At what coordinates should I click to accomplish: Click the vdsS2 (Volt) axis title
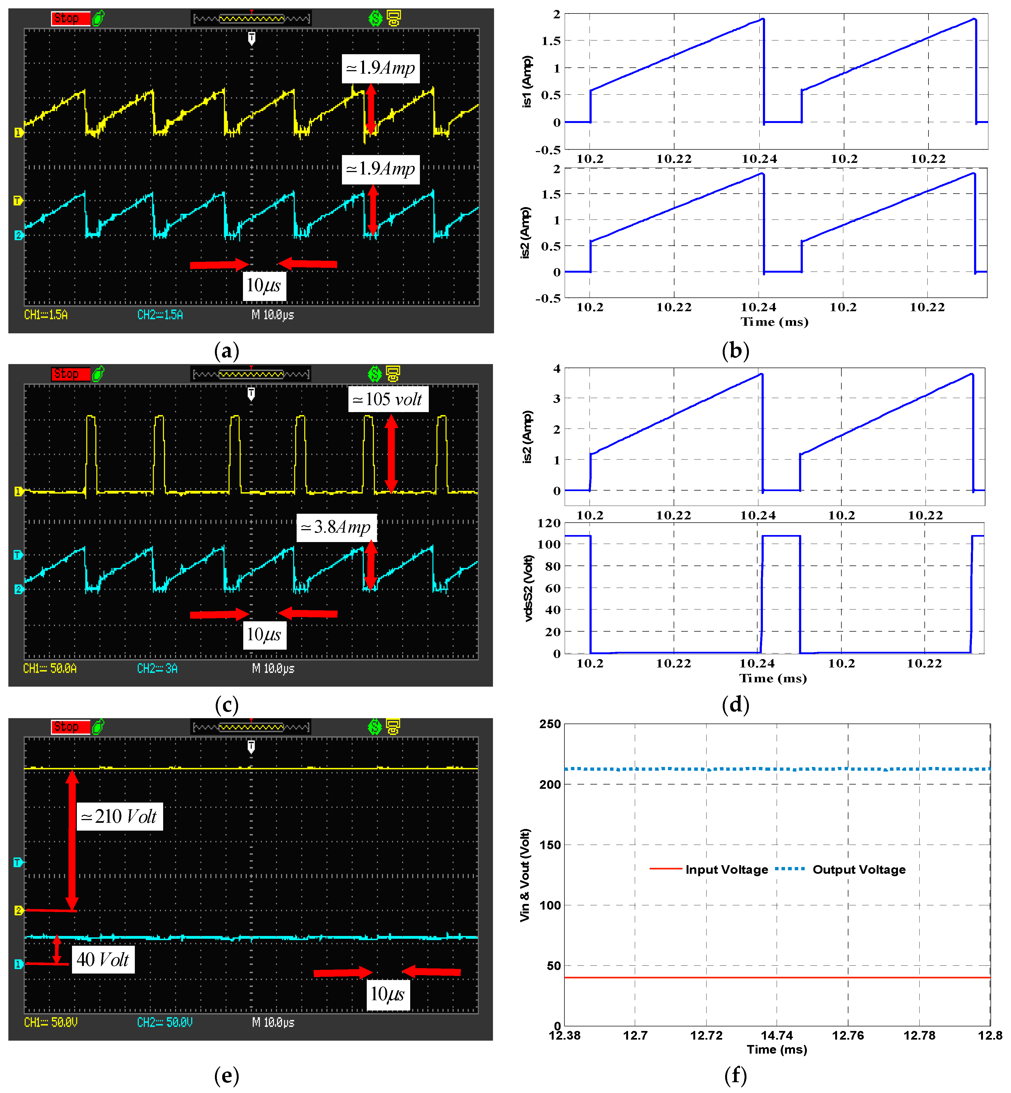point(528,588)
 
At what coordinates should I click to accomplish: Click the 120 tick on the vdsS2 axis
point(549,523)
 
